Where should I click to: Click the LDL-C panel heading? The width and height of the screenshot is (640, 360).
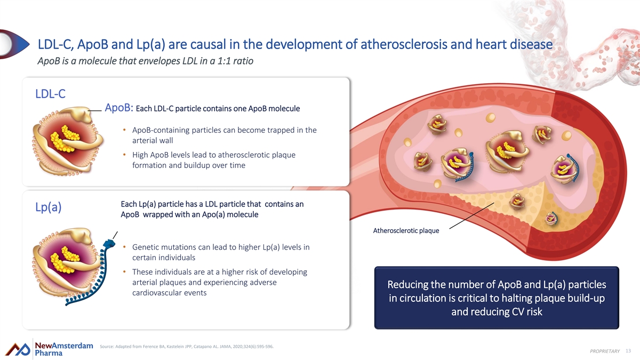(50, 94)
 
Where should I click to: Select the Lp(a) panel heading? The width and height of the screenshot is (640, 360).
(49, 207)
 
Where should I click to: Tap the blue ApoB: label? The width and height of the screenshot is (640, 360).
(119, 108)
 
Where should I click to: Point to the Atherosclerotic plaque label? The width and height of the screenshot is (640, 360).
(406, 230)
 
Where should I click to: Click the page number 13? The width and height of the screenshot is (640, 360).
(628, 351)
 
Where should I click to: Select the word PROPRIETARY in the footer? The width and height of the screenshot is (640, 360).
(605, 351)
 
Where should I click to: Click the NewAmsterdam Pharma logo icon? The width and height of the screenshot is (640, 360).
(18, 349)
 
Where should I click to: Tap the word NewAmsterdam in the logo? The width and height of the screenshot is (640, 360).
(64, 346)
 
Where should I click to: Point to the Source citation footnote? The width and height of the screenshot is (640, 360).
(187, 347)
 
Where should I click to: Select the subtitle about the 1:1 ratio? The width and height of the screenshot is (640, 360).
(146, 61)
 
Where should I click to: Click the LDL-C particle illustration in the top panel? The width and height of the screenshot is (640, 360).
(68, 141)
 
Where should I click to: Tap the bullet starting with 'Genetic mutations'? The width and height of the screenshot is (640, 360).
(221, 252)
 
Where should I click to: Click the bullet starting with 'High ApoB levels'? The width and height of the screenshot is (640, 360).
(214, 159)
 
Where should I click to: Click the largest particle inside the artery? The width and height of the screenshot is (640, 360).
(507, 151)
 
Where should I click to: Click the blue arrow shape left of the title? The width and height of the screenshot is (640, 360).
(14, 44)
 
